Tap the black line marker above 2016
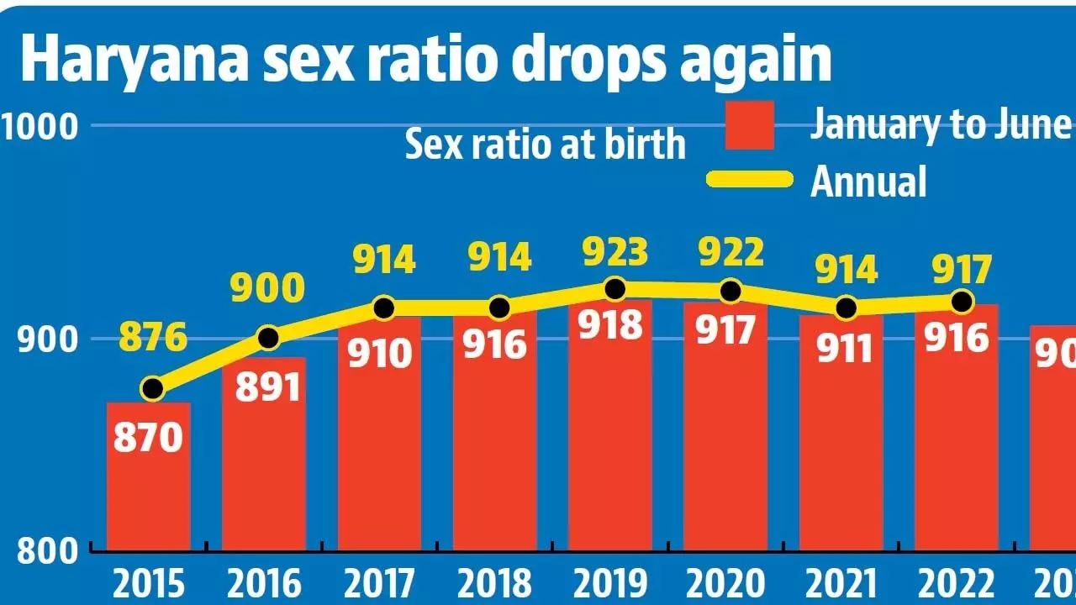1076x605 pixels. [x=268, y=338]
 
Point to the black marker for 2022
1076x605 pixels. [x=962, y=301]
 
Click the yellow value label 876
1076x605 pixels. [x=153, y=339]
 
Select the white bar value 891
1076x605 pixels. [x=267, y=388]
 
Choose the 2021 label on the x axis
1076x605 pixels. [x=844, y=583]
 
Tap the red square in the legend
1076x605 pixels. [x=749, y=125]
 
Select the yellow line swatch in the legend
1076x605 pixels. [x=749, y=179]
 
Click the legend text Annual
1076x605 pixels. [x=868, y=181]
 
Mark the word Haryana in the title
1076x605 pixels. [x=124, y=56]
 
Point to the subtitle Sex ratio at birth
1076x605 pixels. [x=545, y=145]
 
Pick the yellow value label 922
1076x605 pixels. [x=729, y=253]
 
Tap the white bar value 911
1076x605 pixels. [x=843, y=347]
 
